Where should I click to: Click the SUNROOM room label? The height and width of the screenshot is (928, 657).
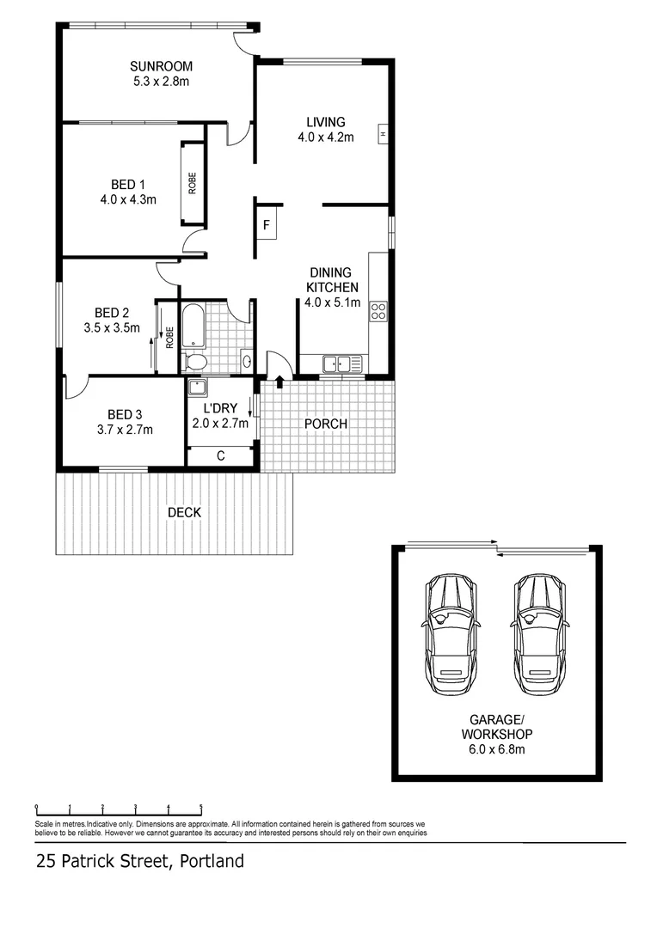161,66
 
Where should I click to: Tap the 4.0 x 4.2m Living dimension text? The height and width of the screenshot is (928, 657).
325,137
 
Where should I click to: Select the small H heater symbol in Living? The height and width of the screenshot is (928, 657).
382,134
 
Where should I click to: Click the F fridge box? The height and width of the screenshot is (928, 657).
267,226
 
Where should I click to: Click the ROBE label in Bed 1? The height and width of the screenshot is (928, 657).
193,183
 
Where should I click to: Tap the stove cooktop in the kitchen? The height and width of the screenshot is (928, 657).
378,311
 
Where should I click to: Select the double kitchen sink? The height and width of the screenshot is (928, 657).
337,363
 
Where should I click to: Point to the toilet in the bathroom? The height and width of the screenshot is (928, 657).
196,361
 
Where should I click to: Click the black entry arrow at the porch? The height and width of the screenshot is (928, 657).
279,381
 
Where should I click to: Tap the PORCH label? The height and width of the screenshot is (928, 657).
326,424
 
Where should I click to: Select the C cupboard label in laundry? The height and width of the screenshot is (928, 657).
220,456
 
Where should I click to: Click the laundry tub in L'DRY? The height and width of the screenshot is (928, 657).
198,387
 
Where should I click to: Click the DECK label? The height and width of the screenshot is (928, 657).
184,513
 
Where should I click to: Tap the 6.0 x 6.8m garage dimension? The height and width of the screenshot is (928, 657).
496,748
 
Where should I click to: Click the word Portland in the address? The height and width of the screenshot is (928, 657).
212,861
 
